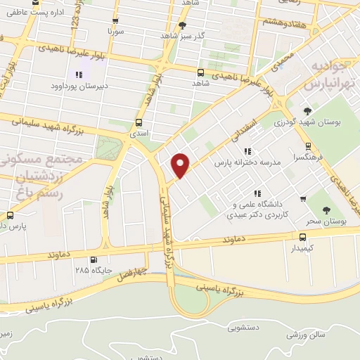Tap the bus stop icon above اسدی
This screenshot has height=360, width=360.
[138, 121]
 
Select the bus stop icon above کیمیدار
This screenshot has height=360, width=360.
[302, 237]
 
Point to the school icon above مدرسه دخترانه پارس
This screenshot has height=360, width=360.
[247, 151]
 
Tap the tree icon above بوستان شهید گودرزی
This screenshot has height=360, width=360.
[307, 110]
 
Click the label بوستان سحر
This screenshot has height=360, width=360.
[328, 221]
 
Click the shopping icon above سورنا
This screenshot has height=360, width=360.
[115, 21]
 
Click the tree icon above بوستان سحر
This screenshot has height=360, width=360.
[326, 210]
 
